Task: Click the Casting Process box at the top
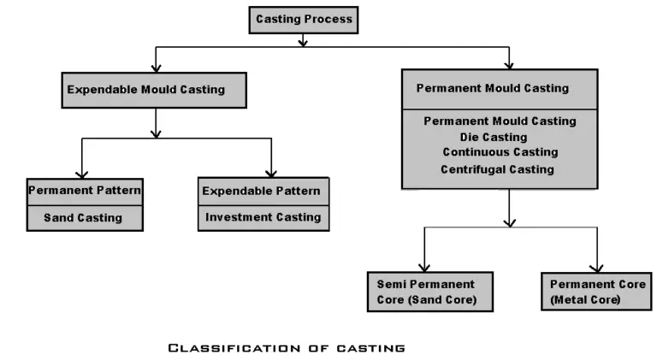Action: [303, 20]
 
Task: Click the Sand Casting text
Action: [83, 217]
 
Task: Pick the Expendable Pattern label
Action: [262, 190]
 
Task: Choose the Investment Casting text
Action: [263, 217]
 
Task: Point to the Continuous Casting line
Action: [500, 152]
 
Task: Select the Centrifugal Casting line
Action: [497, 169]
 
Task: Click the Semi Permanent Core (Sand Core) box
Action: [425, 292]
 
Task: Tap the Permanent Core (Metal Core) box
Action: [595, 292]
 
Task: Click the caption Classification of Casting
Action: [286, 347]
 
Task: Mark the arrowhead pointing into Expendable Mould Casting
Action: [155, 67]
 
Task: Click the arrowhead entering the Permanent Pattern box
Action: [82, 174]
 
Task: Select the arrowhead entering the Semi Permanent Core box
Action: [423, 268]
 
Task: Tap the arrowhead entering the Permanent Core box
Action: [596, 268]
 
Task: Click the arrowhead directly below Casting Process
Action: [303, 41]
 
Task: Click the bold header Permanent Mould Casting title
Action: [492, 88]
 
